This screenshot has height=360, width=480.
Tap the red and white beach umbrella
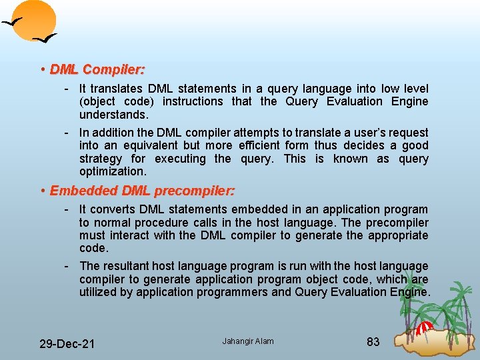click(x=425, y=329)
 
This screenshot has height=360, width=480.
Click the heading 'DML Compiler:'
click(x=97, y=69)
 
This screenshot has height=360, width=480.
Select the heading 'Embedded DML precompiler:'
click(x=142, y=191)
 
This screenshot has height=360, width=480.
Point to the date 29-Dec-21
click(x=67, y=343)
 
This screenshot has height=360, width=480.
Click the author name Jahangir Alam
click(x=248, y=341)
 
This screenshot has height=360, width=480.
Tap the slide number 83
click(x=373, y=342)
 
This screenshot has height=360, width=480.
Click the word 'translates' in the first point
click(x=117, y=89)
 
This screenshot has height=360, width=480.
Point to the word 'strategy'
click(x=101, y=159)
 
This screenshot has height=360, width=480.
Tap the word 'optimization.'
click(x=112, y=171)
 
